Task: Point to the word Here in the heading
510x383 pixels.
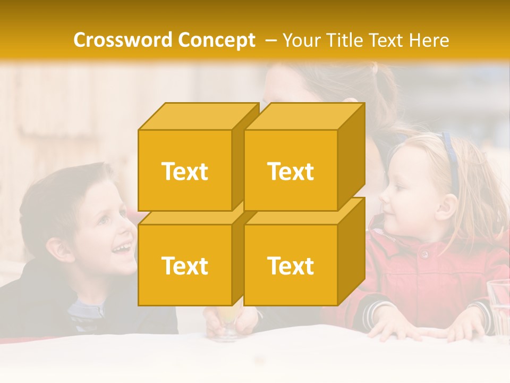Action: coord(429,40)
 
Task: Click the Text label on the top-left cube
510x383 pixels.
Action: coord(185,171)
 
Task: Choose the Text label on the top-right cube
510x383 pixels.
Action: coord(291,171)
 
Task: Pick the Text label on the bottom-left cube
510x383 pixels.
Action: coord(185,265)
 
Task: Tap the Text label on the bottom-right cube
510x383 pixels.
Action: coord(291,265)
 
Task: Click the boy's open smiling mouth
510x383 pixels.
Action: coord(123,248)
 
